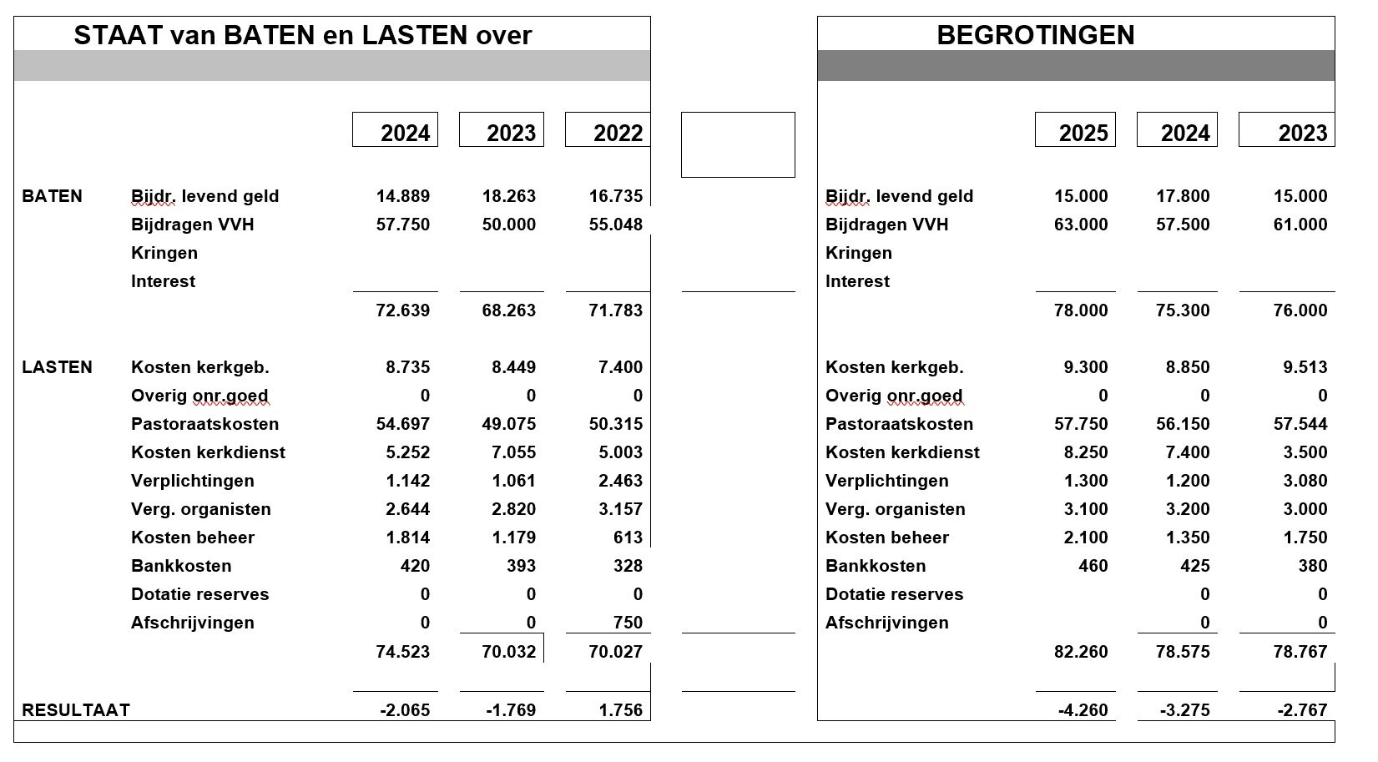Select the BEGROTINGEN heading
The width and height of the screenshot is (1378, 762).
(1035, 35)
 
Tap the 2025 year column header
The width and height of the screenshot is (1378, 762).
(1083, 133)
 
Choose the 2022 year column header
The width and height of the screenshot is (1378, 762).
(618, 133)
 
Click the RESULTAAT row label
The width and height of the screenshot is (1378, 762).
(76, 710)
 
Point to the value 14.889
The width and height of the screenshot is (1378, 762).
(403, 196)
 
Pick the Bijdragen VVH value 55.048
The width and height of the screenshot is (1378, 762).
(616, 225)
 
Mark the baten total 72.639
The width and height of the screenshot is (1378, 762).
(403, 310)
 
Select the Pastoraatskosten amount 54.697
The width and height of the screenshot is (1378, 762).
(403, 424)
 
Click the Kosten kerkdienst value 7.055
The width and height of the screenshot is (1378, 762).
(509, 452)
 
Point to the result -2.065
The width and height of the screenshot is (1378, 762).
(405, 710)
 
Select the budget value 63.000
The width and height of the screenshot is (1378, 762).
(1081, 225)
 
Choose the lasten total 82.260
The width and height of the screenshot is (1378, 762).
(1081, 652)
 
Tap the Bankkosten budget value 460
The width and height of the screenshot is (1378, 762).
(1093, 566)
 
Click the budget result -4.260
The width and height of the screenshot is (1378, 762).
(1083, 710)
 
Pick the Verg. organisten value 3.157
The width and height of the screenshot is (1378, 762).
(616, 509)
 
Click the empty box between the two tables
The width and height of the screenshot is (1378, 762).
(738, 144)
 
